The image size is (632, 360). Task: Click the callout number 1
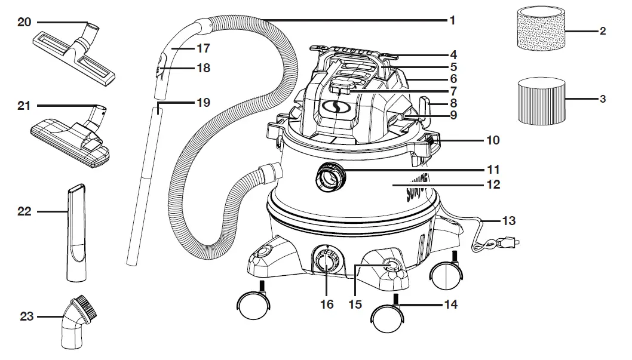(452, 20)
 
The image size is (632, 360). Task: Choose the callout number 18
(203, 68)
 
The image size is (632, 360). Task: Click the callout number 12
(493, 185)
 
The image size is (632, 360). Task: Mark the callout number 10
(493, 141)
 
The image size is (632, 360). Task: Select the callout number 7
(453, 92)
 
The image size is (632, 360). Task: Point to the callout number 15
(355, 304)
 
